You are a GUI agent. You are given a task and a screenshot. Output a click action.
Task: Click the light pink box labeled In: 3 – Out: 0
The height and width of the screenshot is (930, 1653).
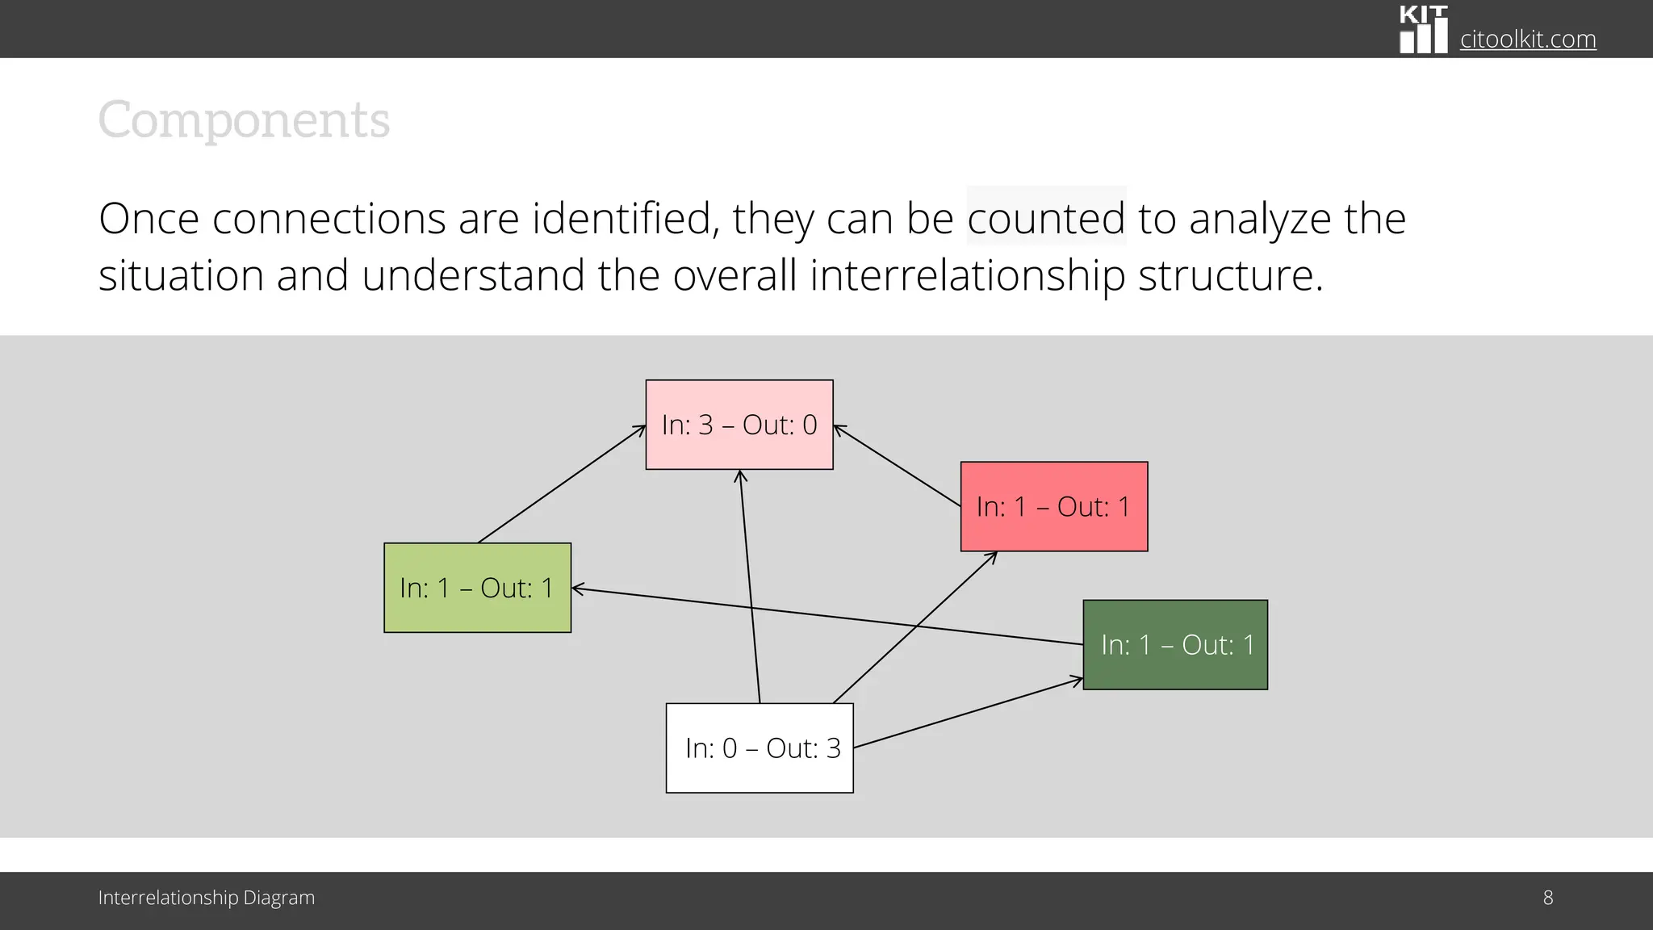[x=739, y=425]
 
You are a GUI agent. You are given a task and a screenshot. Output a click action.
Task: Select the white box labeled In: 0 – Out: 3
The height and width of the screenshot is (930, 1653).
[x=760, y=748]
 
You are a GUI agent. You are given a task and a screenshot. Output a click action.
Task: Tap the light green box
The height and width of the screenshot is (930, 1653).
[x=477, y=588]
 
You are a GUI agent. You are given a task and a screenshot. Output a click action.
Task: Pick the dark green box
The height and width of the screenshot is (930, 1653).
[x=1175, y=645]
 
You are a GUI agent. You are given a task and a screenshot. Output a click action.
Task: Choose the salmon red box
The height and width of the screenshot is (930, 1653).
[x=1054, y=507]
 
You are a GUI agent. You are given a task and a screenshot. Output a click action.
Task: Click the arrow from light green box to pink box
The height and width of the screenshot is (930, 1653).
[x=562, y=484]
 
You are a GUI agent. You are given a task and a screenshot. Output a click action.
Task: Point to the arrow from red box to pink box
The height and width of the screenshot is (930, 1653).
[x=897, y=466]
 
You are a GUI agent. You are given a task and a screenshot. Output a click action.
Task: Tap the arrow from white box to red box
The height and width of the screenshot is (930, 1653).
[x=915, y=627]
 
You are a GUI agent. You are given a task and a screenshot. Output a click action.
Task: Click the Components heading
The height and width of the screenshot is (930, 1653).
[x=244, y=121]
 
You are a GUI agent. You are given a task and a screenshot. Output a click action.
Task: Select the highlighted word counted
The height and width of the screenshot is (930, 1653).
[x=1046, y=218]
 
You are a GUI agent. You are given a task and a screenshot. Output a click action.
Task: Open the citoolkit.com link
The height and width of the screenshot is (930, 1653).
[x=1528, y=39]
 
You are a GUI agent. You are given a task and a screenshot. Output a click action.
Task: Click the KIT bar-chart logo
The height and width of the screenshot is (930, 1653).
[x=1423, y=30]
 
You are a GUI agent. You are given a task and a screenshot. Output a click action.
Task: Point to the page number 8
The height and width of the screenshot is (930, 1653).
[x=1547, y=898]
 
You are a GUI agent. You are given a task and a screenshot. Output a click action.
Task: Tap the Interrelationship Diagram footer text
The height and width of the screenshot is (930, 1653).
[x=207, y=898]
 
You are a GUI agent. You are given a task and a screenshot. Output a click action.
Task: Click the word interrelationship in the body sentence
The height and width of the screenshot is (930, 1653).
[x=968, y=276]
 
